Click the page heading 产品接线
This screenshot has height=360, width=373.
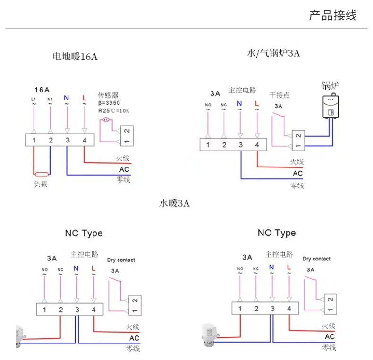[333, 16]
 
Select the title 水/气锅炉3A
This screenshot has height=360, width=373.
[273, 53]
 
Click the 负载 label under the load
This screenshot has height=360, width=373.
[41, 184]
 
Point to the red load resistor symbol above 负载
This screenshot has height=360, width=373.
[42, 174]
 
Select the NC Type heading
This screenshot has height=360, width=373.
[84, 234]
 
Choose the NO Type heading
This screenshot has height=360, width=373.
[277, 233]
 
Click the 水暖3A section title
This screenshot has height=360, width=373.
[174, 204]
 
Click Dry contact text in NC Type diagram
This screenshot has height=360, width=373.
[121, 260]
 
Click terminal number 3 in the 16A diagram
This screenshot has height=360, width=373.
[68, 140]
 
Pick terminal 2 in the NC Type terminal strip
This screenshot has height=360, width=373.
[61, 310]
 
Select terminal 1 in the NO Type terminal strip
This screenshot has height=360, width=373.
[240, 309]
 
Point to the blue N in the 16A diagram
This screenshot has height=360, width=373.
[67, 98]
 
